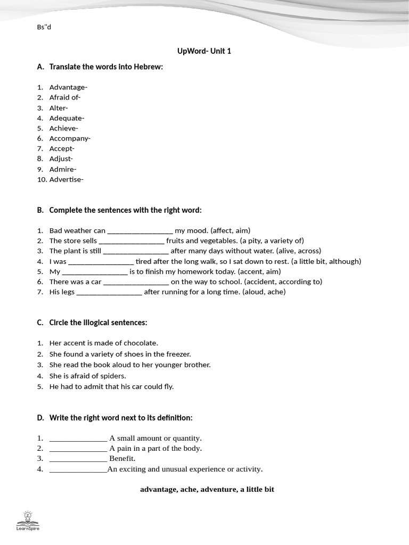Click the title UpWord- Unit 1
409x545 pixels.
204,51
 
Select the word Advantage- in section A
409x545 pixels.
68,87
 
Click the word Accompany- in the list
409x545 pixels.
70,138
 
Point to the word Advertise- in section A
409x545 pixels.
66,179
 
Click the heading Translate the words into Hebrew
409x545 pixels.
105,67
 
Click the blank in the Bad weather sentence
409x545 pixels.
140,232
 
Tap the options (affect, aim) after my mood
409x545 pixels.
230,230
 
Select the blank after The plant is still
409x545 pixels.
136,252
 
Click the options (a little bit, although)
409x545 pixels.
326,261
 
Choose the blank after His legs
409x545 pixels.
109,293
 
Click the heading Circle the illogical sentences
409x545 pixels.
98,323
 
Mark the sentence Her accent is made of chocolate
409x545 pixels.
103,343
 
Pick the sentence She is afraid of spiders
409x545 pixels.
87,376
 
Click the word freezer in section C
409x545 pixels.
179,354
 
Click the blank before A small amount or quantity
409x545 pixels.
78,439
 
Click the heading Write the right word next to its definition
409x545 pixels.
120,418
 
